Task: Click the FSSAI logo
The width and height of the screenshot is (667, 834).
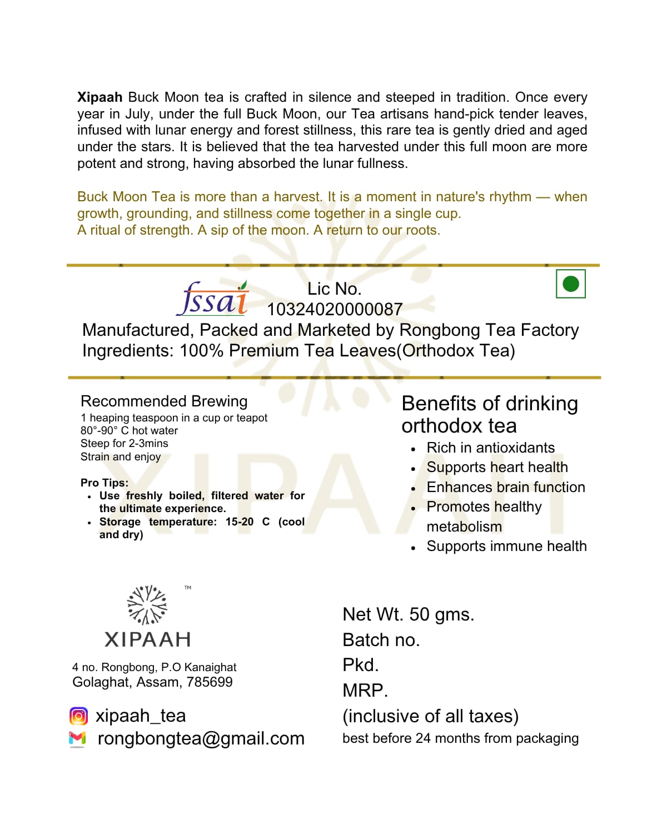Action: [213, 299]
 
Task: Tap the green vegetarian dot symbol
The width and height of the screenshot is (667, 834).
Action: [570, 284]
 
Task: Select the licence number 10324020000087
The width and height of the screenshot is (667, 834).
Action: [335, 309]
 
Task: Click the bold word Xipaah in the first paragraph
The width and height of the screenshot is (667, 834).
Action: [100, 97]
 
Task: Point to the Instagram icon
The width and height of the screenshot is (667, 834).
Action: [78, 716]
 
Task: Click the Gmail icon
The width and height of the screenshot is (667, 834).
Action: [77, 738]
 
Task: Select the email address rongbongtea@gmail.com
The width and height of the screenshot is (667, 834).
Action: [201, 738]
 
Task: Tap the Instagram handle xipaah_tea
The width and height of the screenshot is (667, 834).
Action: [141, 716]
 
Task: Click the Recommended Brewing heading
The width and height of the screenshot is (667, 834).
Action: [164, 401]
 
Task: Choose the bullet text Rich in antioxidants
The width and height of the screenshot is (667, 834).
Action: [490, 448]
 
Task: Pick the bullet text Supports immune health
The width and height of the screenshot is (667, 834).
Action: [506, 546]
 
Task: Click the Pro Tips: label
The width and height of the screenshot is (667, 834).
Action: [104, 483]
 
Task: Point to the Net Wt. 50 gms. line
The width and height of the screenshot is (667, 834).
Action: [408, 614]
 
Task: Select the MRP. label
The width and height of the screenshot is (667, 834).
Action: [365, 691]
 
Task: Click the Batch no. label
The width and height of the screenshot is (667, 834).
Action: [381, 640]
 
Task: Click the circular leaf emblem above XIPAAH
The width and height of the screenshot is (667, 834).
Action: [147, 605]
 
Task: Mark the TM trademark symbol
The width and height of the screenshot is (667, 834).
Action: [188, 587]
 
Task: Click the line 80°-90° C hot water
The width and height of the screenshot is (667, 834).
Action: [129, 431]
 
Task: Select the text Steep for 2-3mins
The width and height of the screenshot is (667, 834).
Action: [124, 444]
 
